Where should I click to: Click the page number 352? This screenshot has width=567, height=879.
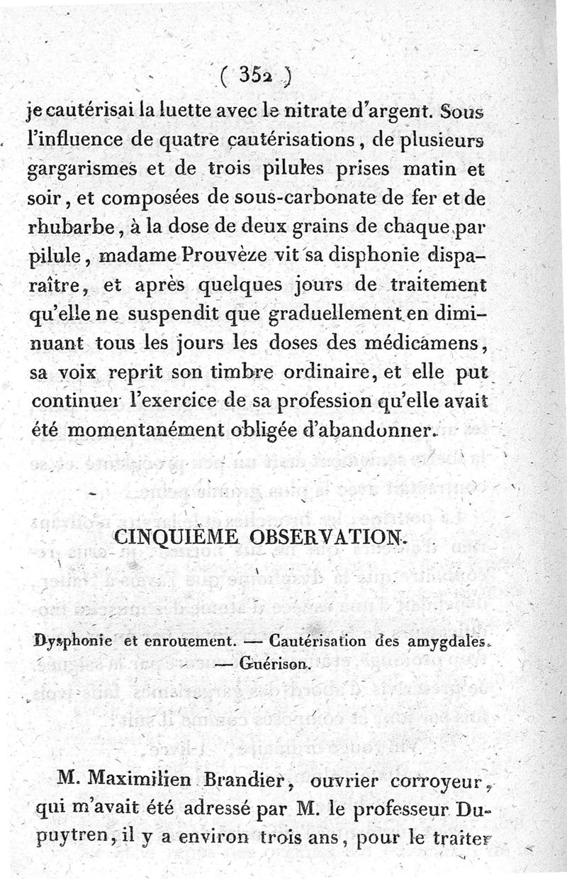(255, 74)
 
